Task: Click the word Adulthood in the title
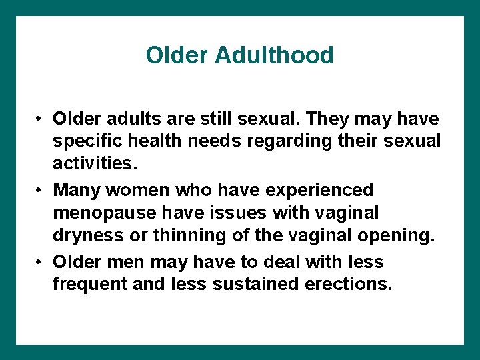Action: (x=274, y=55)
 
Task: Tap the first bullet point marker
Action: (x=41, y=119)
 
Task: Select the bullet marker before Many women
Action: (x=41, y=191)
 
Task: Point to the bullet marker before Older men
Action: (x=41, y=262)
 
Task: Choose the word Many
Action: (x=78, y=191)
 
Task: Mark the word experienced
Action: (x=320, y=191)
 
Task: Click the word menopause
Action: (x=105, y=214)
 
